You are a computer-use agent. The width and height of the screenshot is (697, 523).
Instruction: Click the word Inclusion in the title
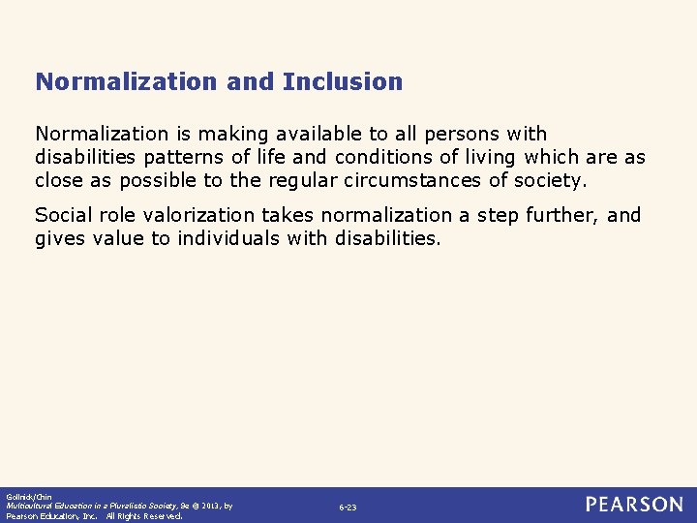tap(343, 81)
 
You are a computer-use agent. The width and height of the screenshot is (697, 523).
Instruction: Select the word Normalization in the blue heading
tap(127, 81)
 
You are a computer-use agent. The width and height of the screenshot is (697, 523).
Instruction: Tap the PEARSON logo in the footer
tap(633, 505)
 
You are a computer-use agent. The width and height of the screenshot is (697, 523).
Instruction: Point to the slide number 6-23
tap(348, 508)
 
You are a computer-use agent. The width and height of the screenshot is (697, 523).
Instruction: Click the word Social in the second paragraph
tap(62, 215)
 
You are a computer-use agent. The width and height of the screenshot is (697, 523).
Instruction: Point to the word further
tap(563, 215)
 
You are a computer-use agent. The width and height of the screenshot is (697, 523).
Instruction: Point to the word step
tap(500, 215)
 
